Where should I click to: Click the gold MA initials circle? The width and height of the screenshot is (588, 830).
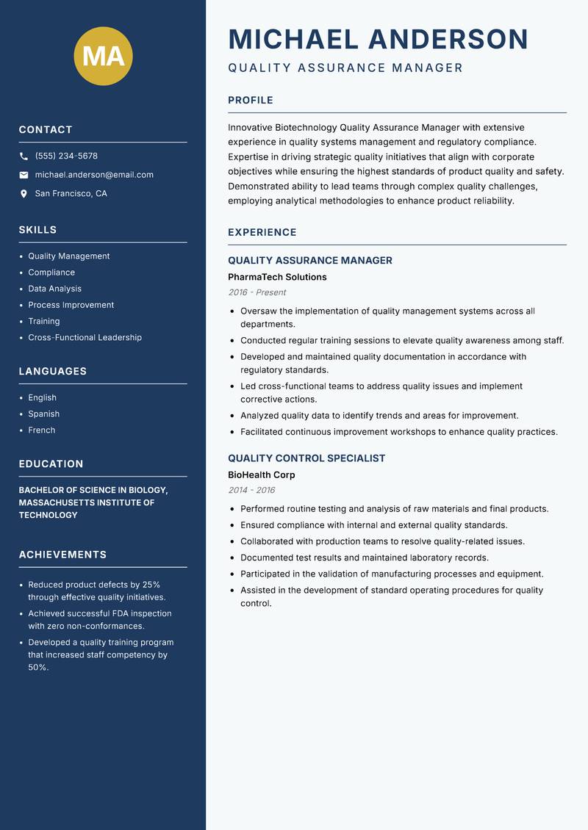pos(103,56)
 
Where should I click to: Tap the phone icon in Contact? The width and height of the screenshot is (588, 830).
pos(24,156)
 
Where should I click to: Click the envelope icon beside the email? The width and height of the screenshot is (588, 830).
pos(24,175)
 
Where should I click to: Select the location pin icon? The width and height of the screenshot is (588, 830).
pos(24,194)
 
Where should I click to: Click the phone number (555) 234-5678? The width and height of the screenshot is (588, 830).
pos(66,156)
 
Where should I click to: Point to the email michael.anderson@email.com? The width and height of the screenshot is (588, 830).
pos(94,175)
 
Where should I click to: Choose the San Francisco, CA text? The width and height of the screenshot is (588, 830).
pos(71,194)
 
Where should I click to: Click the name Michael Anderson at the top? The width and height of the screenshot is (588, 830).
pos(378,39)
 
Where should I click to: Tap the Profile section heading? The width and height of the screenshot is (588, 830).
pos(251,101)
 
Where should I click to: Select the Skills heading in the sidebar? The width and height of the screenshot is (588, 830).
pos(37,230)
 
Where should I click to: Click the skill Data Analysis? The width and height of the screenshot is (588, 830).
pos(54,289)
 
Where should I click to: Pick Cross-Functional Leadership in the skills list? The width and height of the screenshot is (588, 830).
pos(85,338)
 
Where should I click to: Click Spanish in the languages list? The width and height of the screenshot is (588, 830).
pos(43,414)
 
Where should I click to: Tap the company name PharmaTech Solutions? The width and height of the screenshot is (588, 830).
pos(277,278)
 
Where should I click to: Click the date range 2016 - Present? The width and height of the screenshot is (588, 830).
pos(257,292)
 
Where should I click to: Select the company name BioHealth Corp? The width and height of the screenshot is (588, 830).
pos(261,475)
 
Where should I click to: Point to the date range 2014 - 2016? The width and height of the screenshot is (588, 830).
pos(251,490)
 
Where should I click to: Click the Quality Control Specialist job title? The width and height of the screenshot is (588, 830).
pos(306,458)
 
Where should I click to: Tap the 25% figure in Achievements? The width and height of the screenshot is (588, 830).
pos(151,585)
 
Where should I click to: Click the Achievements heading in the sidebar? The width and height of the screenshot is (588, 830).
pos(62,555)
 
